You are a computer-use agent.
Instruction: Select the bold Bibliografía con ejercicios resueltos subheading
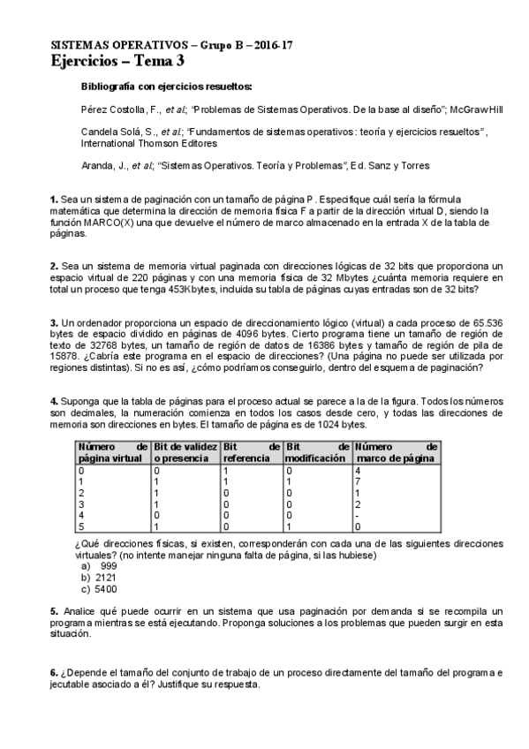pos(166,87)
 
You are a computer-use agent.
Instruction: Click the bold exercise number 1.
pos(54,200)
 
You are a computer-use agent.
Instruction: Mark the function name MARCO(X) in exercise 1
pos(110,223)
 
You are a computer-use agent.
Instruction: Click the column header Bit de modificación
pos(317,453)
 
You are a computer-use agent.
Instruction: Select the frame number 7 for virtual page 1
pos(357,482)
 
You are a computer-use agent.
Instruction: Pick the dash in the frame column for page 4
pos(357,514)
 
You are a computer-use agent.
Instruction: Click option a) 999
pos(100,565)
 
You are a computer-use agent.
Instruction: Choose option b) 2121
pos(100,577)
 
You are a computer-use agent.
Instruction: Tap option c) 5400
pos(100,588)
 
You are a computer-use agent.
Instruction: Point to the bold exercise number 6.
pos(54,673)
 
